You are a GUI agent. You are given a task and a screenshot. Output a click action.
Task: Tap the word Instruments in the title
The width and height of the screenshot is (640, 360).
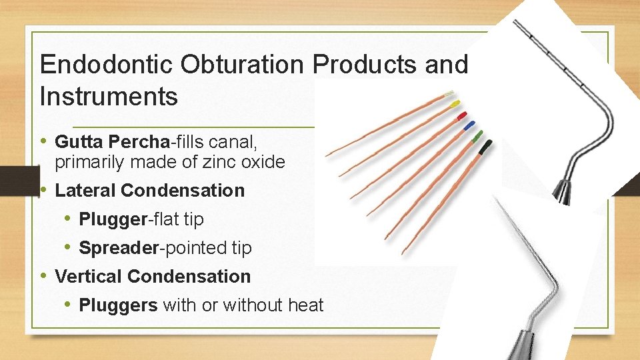[x=109, y=97]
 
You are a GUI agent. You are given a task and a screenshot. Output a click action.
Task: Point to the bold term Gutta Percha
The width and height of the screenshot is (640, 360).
[x=113, y=142]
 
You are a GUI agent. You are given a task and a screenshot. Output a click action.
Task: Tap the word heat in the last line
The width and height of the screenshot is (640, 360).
[x=306, y=305]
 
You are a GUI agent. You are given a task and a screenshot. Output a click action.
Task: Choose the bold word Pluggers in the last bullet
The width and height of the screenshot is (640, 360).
[x=118, y=305]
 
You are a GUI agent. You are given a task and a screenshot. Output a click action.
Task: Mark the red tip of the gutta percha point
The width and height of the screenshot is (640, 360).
[x=461, y=116]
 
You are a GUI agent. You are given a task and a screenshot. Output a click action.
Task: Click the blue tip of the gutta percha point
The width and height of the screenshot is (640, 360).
[x=469, y=125]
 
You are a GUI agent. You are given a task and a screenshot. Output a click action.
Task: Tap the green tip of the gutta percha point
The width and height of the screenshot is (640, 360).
[x=477, y=136]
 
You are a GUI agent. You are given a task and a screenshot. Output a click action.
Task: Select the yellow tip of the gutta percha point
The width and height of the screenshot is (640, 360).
[x=455, y=105]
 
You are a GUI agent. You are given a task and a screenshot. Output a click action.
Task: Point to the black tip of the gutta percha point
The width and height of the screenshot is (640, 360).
[x=485, y=145]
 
